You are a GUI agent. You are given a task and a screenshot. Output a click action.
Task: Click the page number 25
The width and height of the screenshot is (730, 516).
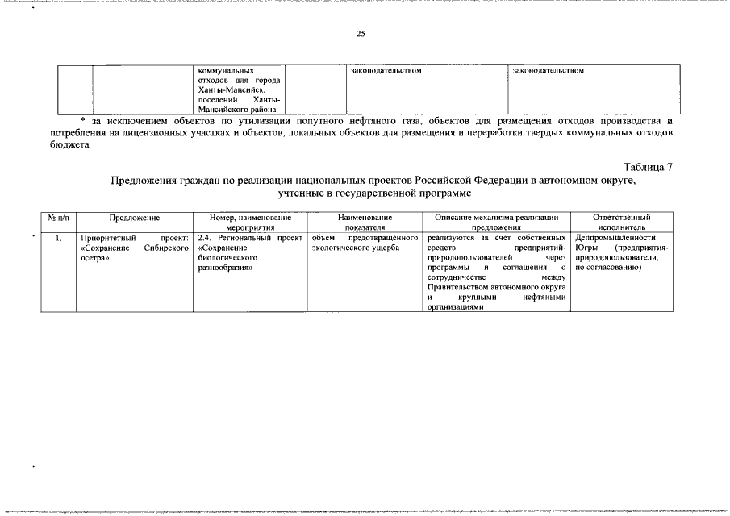pyautogui.click(x=360, y=34)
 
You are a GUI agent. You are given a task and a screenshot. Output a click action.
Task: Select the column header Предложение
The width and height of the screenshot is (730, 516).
pyautogui.click(x=135, y=218)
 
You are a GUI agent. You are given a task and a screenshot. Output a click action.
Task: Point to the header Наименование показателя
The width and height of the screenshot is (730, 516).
pyautogui.click(x=365, y=223)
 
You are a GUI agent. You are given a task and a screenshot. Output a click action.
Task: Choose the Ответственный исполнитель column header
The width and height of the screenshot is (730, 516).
pyautogui.click(x=621, y=223)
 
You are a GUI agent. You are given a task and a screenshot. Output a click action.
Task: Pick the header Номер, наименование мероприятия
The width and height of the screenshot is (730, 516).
pyautogui.click(x=250, y=223)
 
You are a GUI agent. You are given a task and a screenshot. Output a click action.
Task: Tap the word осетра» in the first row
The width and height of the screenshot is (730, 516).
pyautogui.click(x=95, y=258)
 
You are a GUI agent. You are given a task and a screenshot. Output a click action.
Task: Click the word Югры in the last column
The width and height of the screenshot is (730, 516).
pyautogui.click(x=586, y=248)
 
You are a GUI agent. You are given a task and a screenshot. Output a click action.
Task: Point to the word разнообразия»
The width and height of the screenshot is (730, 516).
pyautogui.click(x=225, y=268)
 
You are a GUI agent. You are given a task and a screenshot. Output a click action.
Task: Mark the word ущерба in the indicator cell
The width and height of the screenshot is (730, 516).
pyautogui.click(x=385, y=248)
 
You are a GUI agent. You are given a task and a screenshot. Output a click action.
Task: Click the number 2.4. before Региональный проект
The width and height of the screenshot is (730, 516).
pyautogui.click(x=205, y=238)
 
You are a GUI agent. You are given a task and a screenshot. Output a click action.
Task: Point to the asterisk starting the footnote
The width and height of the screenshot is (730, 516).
pyautogui.click(x=83, y=119)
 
